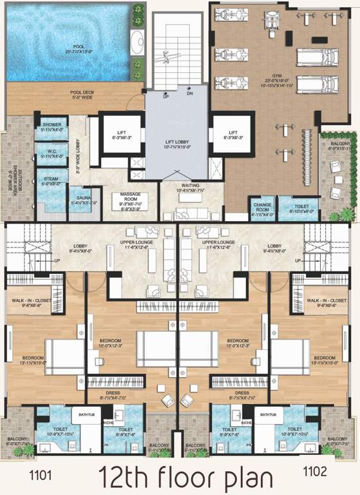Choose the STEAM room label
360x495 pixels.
pyautogui.click(x=51, y=179)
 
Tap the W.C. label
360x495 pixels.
pyautogui.click(x=50, y=152)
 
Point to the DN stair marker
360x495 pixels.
pyautogui.click(x=191, y=94)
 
